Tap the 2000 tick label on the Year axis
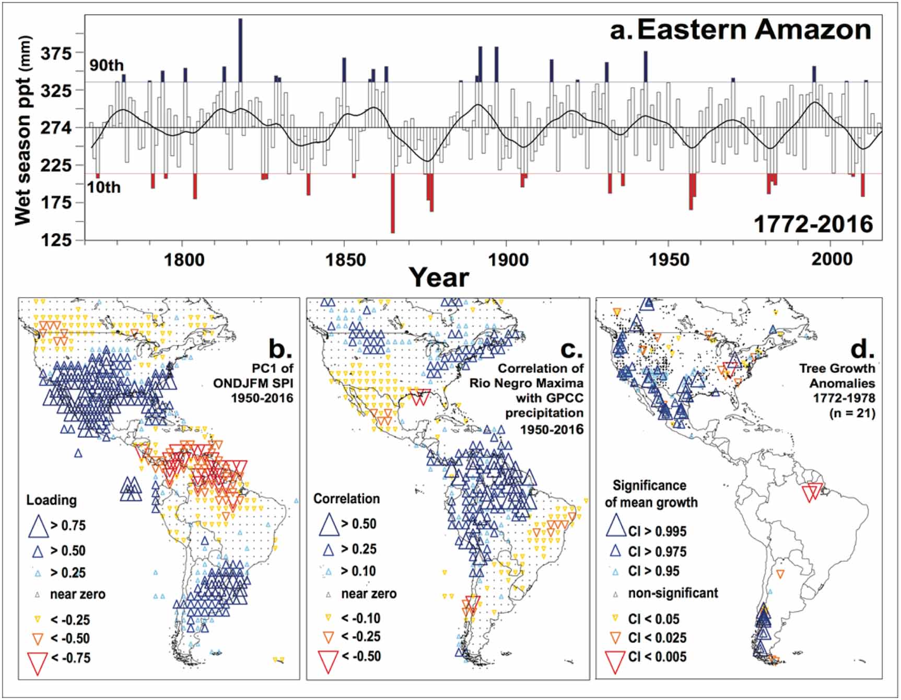coord(832,259)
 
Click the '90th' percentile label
coord(107,65)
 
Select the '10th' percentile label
coord(104,187)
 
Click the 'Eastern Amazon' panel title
coord(754,30)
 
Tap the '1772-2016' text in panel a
coord(813,224)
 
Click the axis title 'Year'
coord(438,277)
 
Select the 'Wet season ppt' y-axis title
coord(24,130)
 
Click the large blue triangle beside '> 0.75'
coord(38,526)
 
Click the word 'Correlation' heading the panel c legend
coord(346,499)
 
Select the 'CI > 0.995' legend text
coord(657,531)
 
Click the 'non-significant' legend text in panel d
coord(673,593)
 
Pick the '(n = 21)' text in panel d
coord(852,413)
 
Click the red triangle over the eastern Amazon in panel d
coord(812,492)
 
